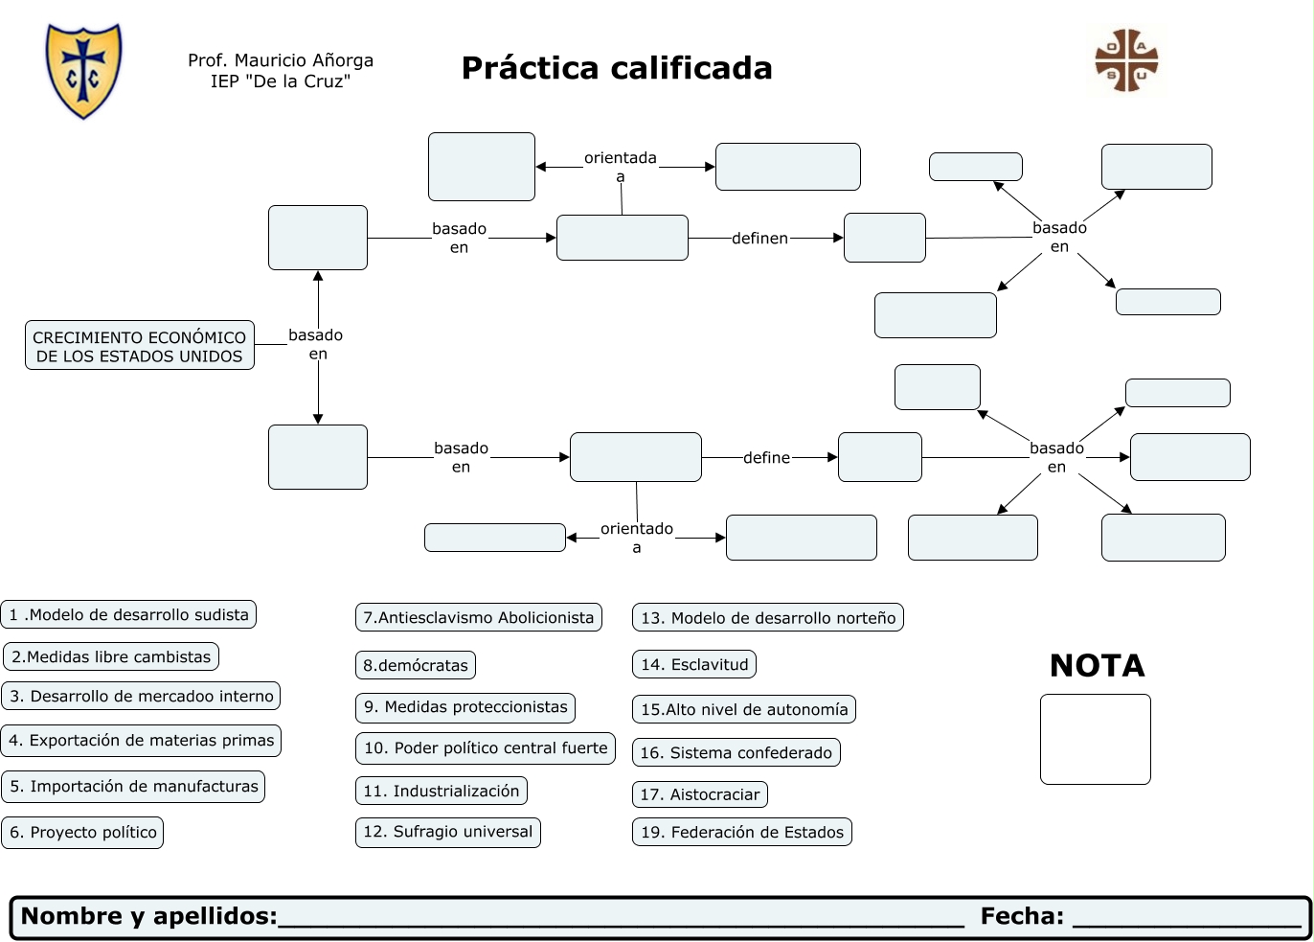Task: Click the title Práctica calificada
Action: [x=617, y=68]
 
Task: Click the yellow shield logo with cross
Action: [x=84, y=70]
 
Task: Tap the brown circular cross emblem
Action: [x=1126, y=60]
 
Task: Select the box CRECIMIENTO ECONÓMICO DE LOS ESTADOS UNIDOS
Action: [x=140, y=346]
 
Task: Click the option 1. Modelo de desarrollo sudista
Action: [x=129, y=614]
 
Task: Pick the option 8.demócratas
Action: [x=416, y=665]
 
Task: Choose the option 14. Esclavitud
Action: [x=694, y=664]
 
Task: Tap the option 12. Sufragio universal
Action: [x=447, y=832]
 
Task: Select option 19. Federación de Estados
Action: [x=742, y=832]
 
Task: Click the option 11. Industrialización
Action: [x=442, y=791]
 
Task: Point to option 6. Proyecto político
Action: [x=83, y=832]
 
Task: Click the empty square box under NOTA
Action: [x=1096, y=739]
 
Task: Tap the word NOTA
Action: [x=1098, y=665]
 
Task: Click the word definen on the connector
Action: [x=759, y=238]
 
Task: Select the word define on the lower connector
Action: [x=767, y=458]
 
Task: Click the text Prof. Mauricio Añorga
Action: [x=281, y=60]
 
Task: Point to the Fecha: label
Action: [x=1022, y=916]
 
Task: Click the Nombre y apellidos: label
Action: [x=149, y=916]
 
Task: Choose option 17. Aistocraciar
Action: [x=700, y=794]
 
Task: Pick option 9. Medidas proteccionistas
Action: [x=465, y=707]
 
